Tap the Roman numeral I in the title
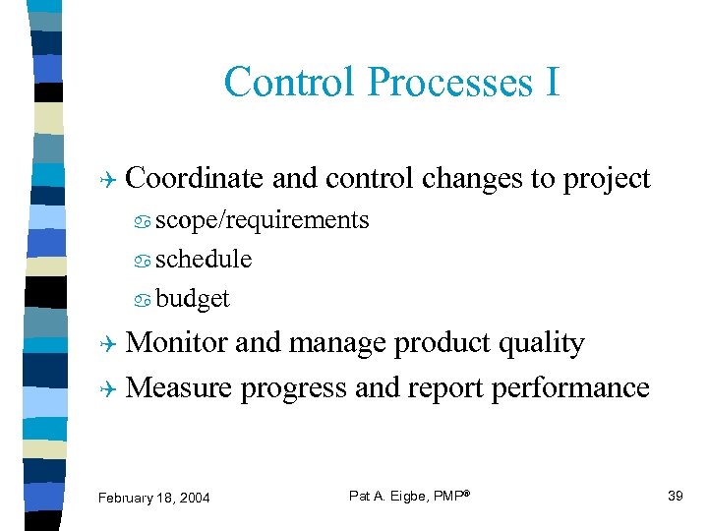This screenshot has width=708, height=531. click(552, 82)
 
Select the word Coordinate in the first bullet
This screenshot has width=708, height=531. click(195, 178)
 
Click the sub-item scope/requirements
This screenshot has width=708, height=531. click(263, 220)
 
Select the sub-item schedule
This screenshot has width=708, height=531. click(204, 260)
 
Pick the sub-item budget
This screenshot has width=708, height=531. click(193, 299)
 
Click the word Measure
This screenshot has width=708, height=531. click(179, 388)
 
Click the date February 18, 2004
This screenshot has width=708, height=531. click(153, 498)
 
